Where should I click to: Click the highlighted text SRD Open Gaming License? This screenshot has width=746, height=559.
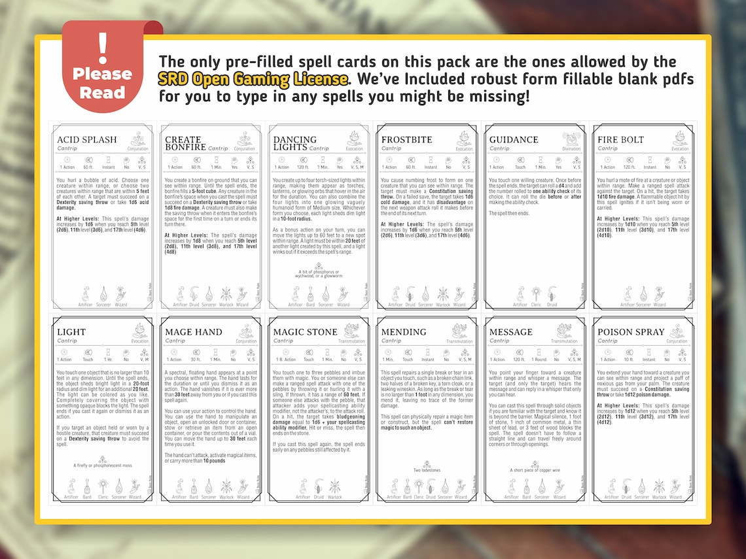click(x=253, y=80)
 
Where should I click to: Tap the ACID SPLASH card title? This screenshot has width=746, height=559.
click(x=86, y=139)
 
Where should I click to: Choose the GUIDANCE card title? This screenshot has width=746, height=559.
click(x=514, y=139)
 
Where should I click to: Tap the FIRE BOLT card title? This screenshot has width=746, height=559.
click(x=620, y=139)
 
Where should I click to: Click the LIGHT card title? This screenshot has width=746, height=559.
click(x=71, y=331)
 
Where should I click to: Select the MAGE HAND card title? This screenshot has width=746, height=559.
click(x=194, y=331)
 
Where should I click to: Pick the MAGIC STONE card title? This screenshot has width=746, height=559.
click(x=304, y=331)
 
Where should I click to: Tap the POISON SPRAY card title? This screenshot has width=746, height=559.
click(x=631, y=331)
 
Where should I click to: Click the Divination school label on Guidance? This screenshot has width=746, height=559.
click(x=571, y=149)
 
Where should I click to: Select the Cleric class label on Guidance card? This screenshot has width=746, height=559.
click(x=536, y=305)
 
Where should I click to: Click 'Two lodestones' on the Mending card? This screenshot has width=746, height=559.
click(x=426, y=470)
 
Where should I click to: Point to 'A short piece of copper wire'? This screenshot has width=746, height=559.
click(x=534, y=470)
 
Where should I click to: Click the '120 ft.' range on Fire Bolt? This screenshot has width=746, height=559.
click(x=629, y=167)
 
